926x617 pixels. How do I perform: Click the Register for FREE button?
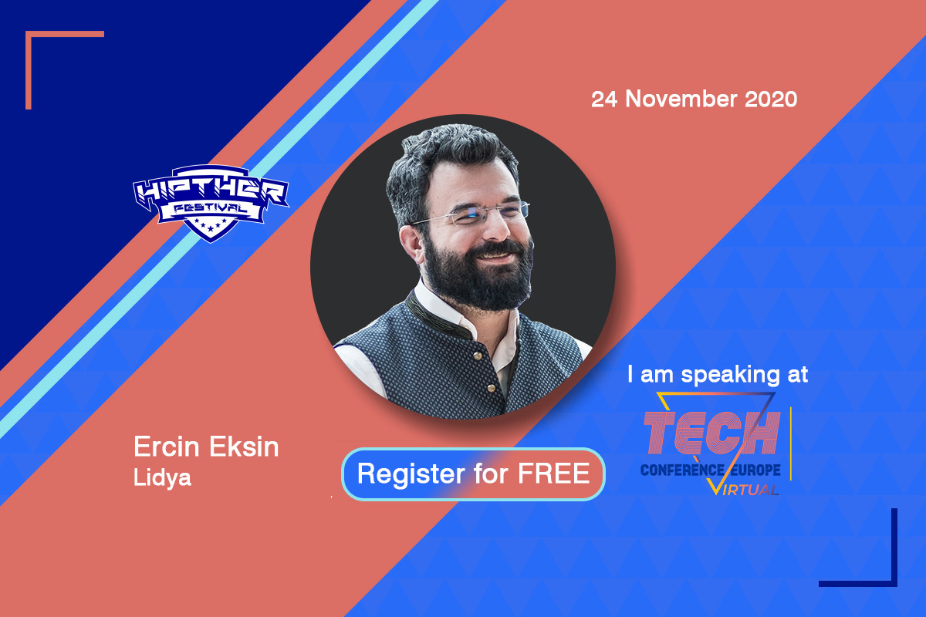(473, 474)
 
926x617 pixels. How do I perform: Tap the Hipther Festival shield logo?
(211, 204)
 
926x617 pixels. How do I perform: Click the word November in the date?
(681, 99)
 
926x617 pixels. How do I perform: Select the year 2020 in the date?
(771, 99)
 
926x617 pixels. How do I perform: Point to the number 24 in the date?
(604, 99)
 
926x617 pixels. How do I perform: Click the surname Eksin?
(244, 447)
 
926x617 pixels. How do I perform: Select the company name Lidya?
(162, 477)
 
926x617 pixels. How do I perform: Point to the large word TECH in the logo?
(711, 433)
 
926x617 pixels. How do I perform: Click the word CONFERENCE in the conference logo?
(681, 470)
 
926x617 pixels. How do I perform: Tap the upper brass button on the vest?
(478, 355)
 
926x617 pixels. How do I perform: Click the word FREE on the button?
(553, 474)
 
